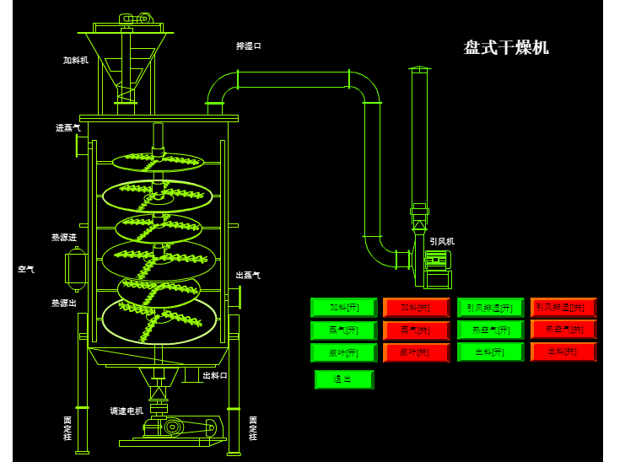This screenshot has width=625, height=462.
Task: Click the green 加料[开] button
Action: pos(343,308)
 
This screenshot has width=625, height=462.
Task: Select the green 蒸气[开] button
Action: pos(343,330)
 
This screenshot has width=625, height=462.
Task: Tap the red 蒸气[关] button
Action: pos(415,330)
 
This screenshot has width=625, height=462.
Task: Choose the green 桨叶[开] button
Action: pos(343,352)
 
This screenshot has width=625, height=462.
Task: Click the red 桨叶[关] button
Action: pos(415,352)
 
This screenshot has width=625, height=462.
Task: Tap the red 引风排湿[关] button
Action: pos(563,307)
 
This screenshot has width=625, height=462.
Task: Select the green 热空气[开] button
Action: pos(490,330)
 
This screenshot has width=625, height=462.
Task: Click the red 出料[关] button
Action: pos(563,352)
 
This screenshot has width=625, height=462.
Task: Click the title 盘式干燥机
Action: pos(506,47)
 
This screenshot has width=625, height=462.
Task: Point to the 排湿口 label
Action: pos(249,46)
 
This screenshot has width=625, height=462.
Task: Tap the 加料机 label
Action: pos(76,61)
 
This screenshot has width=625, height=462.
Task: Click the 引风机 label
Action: pos(442,241)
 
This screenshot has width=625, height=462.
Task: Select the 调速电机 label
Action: pos(127,411)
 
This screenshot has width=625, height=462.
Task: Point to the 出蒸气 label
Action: pos(248,276)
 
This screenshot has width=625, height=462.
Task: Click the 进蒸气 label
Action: pos(68,128)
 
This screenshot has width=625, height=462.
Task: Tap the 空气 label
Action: pos(26,270)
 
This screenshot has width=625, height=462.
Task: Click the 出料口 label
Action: pos(216,375)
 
